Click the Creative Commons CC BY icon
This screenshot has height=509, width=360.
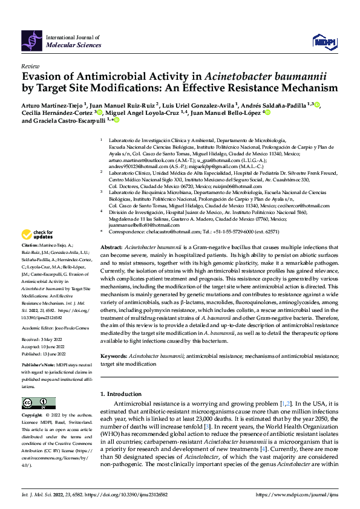click(34, 403)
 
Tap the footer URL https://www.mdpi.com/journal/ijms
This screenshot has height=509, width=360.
click(297, 494)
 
